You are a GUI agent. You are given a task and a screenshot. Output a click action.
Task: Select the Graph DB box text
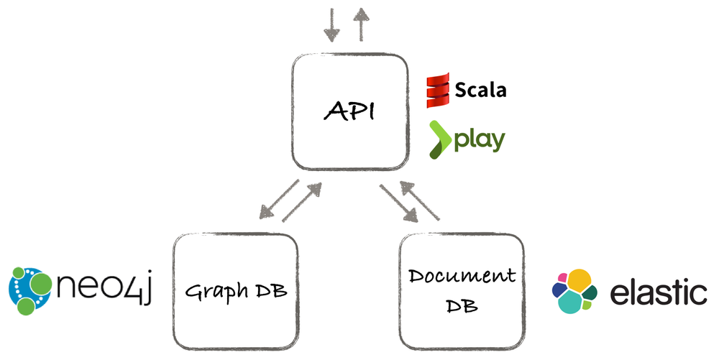click(234, 292)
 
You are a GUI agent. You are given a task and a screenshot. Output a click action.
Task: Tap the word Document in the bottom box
click(462, 277)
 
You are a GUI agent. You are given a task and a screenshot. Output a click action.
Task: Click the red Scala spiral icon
click(439, 90)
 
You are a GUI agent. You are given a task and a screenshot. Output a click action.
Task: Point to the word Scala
click(481, 90)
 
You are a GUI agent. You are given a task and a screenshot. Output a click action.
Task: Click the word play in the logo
click(479, 139)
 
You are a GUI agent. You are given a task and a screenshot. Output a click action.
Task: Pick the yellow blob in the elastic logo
click(581, 281)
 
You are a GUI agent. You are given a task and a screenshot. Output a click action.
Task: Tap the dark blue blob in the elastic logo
click(559, 290)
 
